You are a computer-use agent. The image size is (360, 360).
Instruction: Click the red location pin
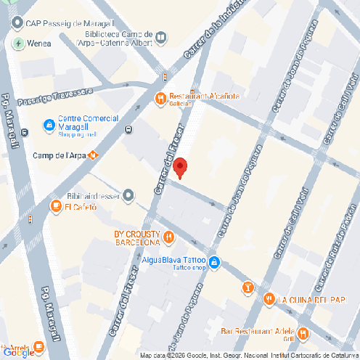[181, 167]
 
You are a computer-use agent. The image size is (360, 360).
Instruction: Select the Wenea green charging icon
[18, 43]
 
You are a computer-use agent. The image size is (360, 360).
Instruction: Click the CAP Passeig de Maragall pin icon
[16, 22]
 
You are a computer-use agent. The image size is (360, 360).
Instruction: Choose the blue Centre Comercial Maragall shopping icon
[49, 125]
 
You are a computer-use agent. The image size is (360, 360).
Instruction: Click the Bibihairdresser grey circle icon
[128, 195]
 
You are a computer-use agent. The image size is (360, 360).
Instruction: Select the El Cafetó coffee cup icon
[56, 206]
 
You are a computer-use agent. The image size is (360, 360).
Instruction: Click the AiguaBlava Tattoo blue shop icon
[214, 261]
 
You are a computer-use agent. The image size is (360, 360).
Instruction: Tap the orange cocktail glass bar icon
[248, 288]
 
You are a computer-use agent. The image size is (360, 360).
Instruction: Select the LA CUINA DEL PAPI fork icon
[269, 298]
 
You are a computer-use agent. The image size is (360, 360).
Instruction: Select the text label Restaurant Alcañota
[204, 96]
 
